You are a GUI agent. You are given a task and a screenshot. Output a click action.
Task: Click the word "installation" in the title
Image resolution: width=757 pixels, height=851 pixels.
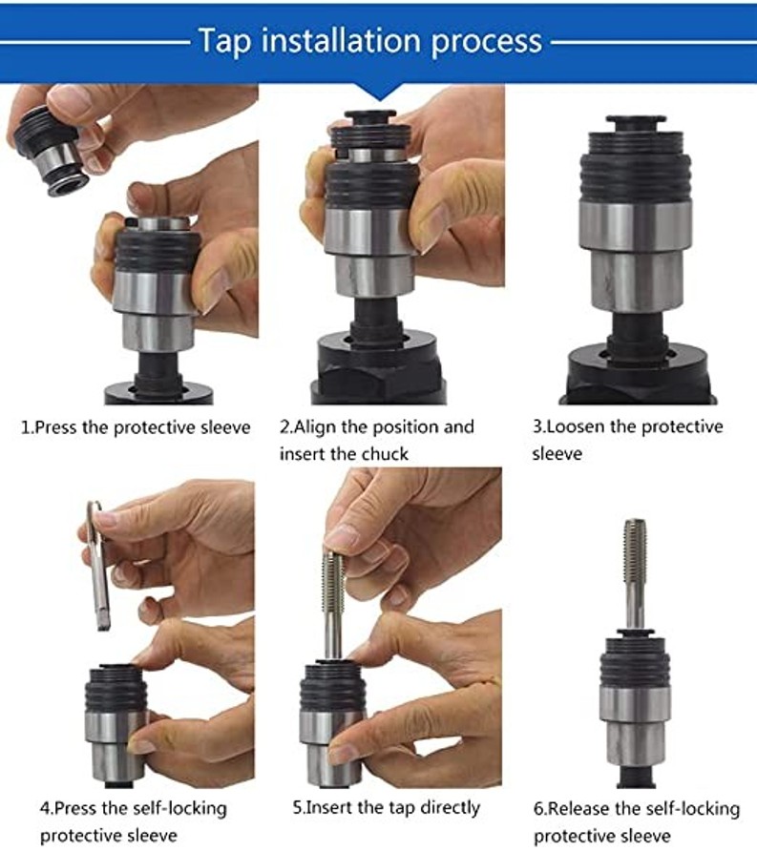coord(341,41)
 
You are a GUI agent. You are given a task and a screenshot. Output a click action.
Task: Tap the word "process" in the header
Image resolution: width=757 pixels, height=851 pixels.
coord(487,43)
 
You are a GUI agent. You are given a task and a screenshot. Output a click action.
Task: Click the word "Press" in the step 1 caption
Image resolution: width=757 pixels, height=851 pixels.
coord(56,427)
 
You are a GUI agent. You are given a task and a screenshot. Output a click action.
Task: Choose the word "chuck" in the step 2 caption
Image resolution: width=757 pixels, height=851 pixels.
coord(385,454)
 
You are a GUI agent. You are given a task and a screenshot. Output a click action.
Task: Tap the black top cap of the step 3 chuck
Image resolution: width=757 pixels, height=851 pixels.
coord(636,122)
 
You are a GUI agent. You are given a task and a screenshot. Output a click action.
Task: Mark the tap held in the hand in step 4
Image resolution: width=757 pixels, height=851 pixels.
coord(97,565)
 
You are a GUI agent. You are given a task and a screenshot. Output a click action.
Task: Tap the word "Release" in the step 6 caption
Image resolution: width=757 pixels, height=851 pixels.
coord(577,809)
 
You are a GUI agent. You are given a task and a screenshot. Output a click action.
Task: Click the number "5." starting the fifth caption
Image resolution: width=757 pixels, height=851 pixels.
coord(299,808)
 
